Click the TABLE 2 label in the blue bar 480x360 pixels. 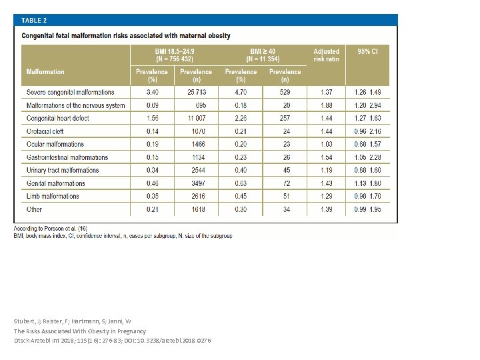(34, 20)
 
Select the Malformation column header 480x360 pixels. (45, 71)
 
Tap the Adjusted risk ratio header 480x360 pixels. (326, 55)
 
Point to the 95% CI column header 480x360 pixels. (368, 51)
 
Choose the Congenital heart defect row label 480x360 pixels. (57, 118)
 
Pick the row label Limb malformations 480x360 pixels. (53, 197)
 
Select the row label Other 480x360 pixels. (35, 209)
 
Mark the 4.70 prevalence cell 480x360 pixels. (241, 92)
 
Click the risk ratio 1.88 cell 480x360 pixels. (326, 105)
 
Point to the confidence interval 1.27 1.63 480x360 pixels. (368, 118)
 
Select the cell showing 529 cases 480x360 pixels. (285, 92)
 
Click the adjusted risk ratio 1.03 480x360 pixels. (326, 144)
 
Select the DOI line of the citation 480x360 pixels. (112, 341)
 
